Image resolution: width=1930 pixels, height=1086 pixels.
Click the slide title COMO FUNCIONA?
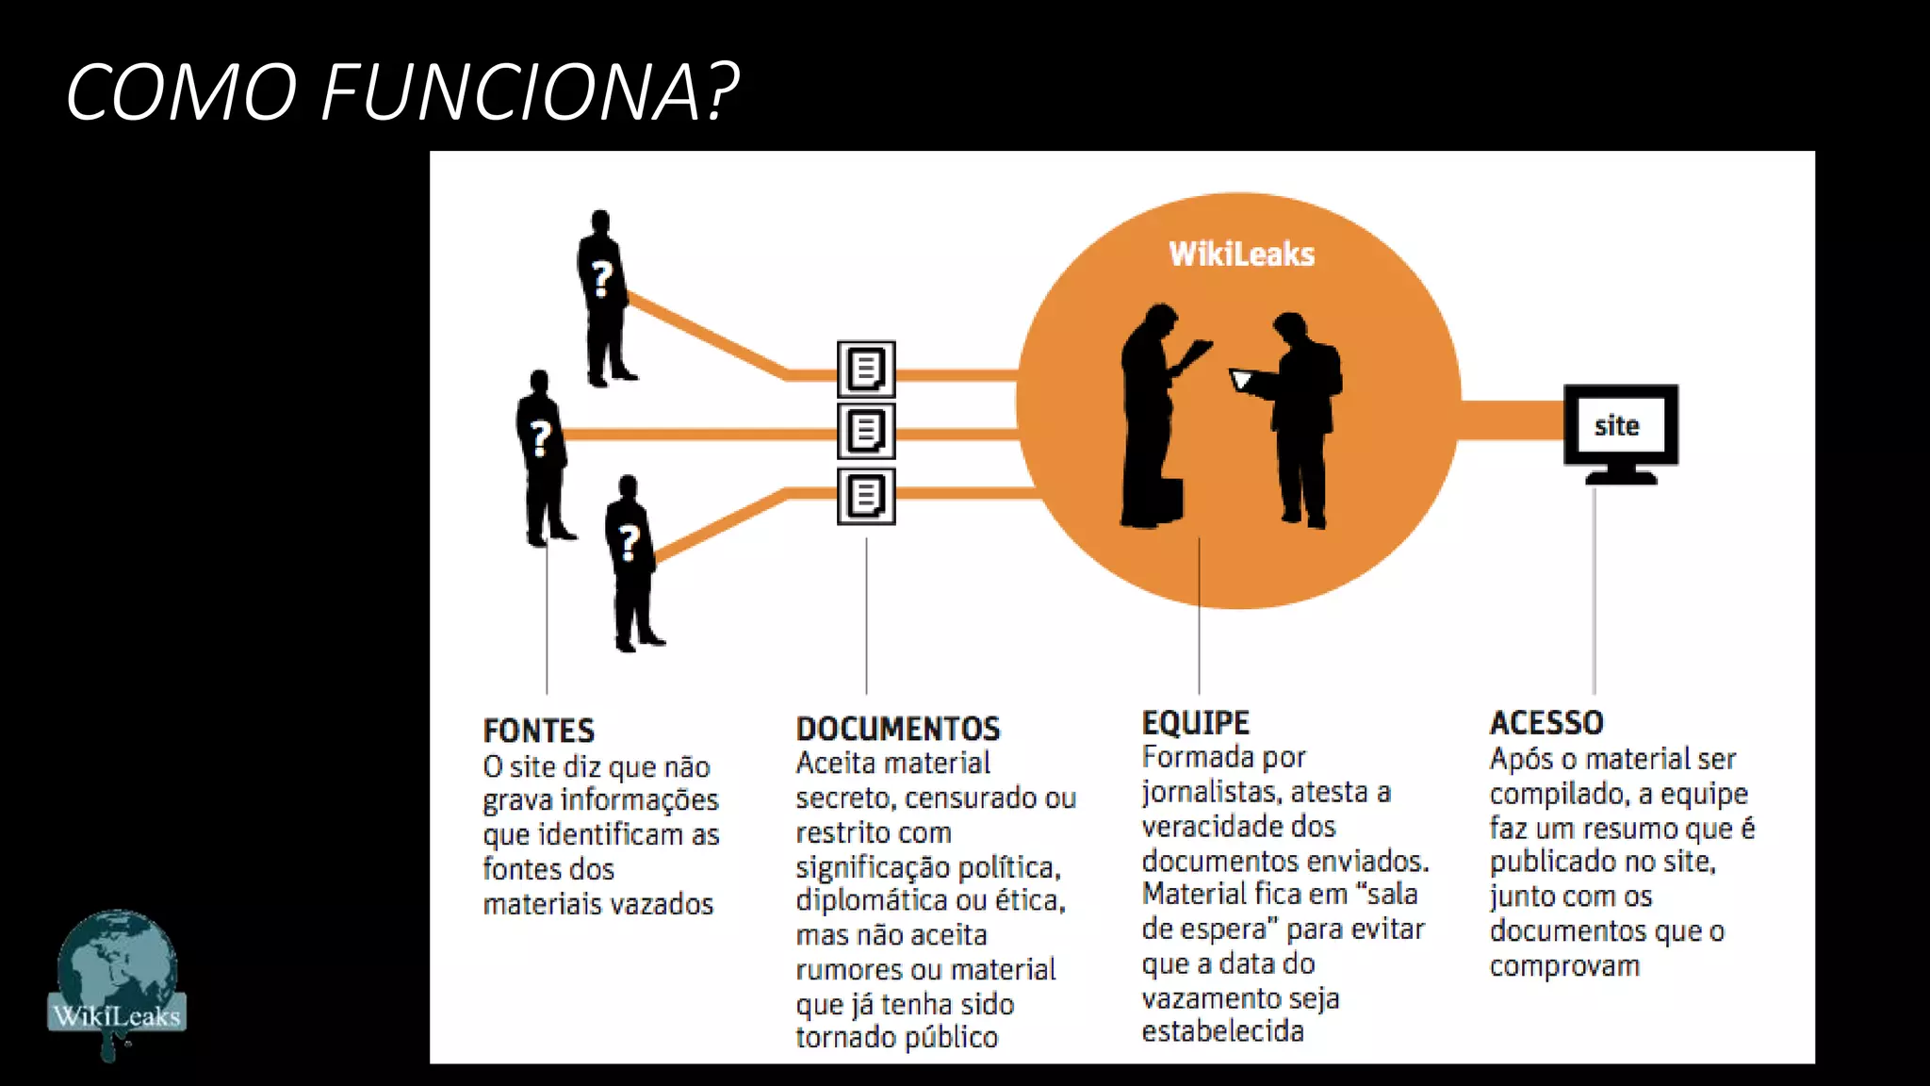(402, 91)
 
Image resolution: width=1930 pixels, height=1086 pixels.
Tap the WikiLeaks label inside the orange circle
(1241, 255)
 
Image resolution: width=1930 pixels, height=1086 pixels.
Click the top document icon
(866, 369)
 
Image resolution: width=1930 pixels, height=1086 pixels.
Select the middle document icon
(866, 432)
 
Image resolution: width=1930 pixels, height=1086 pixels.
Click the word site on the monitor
(1617, 426)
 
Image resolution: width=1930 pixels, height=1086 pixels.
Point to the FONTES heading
(538, 731)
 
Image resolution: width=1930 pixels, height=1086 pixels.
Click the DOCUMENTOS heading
(898, 729)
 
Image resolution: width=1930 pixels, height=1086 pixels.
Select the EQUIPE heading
(1195, 723)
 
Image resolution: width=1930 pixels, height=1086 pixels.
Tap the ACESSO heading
(1546, 723)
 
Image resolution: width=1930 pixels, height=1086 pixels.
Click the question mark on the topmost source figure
(601, 279)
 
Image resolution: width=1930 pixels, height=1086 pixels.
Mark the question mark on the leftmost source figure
(540, 438)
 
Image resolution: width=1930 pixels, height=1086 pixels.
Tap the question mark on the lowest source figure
(629, 543)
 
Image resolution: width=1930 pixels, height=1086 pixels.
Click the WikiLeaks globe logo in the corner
(117, 980)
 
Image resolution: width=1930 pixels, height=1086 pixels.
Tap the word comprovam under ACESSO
(1564, 966)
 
